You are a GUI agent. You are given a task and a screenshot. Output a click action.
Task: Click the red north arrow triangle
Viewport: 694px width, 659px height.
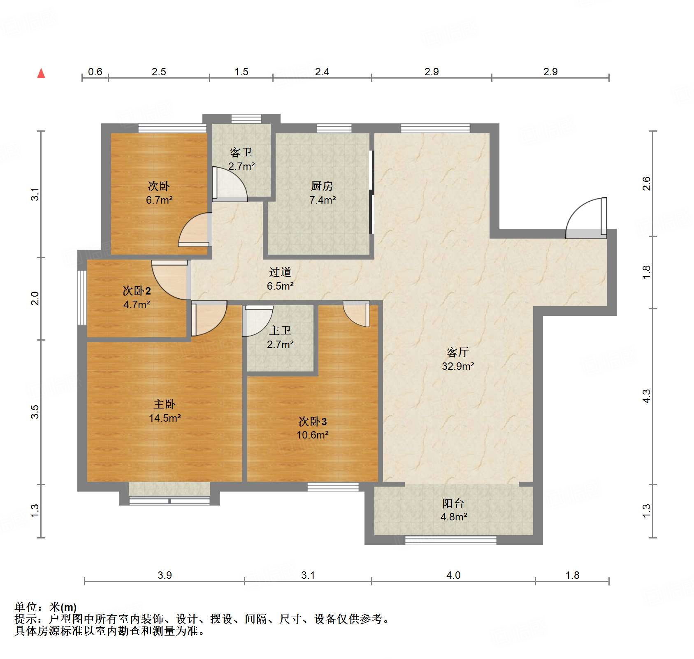41,73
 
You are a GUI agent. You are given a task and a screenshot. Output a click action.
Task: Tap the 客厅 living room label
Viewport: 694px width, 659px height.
457,352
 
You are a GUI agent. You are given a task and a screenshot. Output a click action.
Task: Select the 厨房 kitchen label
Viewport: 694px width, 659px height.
322,186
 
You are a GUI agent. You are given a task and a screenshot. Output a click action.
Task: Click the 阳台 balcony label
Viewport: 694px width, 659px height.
453,503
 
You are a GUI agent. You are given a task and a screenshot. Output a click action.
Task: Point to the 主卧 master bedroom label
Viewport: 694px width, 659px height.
165,404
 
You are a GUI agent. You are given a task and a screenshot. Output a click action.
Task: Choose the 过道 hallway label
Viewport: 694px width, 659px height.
280,272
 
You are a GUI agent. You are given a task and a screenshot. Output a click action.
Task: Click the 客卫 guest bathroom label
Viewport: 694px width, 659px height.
241,153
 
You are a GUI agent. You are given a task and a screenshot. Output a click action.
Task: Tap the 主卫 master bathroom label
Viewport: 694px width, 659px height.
280,330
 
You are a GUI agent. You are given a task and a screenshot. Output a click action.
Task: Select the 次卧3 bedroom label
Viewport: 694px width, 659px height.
313,421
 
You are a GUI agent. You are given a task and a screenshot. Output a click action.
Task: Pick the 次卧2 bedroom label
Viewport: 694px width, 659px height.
137,291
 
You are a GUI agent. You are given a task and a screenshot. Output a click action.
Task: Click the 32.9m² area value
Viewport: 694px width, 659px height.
458,366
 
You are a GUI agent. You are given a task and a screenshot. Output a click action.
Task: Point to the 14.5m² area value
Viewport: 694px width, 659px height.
165,418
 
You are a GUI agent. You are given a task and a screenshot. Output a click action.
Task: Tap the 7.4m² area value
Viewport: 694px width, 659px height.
323,200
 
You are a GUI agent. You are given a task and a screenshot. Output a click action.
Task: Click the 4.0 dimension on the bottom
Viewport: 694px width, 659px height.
453,575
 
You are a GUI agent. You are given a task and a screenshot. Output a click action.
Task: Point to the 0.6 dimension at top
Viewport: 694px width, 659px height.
95,72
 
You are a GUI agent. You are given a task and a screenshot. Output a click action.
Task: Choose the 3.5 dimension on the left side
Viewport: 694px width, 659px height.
35,412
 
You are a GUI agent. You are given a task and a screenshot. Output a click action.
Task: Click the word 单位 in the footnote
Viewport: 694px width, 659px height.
26,607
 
